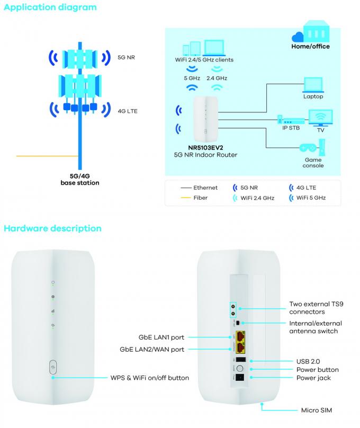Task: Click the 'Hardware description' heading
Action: tap(52, 228)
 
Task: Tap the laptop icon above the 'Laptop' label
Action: tap(312, 85)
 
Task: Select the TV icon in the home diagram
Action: tap(320, 117)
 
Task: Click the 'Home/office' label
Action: tap(310, 46)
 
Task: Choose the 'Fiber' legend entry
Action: tap(200, 198)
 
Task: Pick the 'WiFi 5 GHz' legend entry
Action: tap(311, 198)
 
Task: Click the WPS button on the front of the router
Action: tap(53, 365)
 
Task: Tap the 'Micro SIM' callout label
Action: tap(316, 410)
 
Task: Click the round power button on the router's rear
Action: tap(239, 368)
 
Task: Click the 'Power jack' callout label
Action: tap(313, 378)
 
